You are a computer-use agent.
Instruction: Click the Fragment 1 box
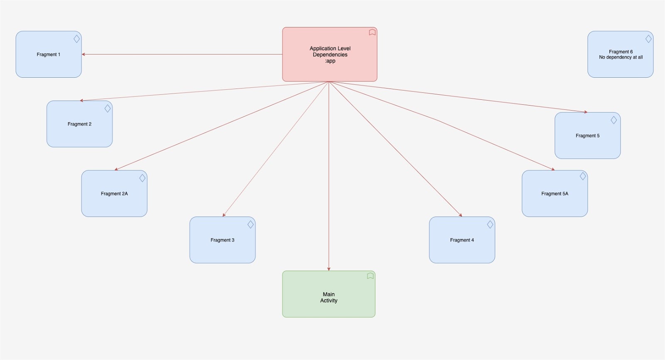pos(49,54)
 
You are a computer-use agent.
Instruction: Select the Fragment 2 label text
pos(79,124)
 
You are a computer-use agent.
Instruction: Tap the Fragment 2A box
pos(114,193)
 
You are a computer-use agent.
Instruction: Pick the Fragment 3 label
pos(222,240)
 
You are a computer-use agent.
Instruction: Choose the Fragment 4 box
pos(462,240)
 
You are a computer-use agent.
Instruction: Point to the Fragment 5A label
pos(554,194)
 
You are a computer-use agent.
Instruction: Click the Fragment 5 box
pos(588,136)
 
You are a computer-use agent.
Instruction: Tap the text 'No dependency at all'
pos(621,57)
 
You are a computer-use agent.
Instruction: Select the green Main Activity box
pos(329,294)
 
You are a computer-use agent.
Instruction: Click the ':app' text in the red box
pos(330,61)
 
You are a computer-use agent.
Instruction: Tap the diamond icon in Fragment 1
pos(76,39)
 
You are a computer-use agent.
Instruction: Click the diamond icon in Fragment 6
pos(648,39)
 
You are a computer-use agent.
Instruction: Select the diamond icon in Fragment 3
pos(251,224)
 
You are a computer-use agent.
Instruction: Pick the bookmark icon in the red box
pos(372,32)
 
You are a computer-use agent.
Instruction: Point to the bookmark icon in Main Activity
pos(370,276)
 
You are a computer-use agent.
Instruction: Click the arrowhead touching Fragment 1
pos(84,54)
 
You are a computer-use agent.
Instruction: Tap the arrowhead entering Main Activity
pos(329,269)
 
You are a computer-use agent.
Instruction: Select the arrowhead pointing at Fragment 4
pos(461,215)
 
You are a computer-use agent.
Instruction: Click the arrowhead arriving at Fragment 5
pos(586,112)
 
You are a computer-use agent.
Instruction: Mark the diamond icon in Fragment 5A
pos(583,176)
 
